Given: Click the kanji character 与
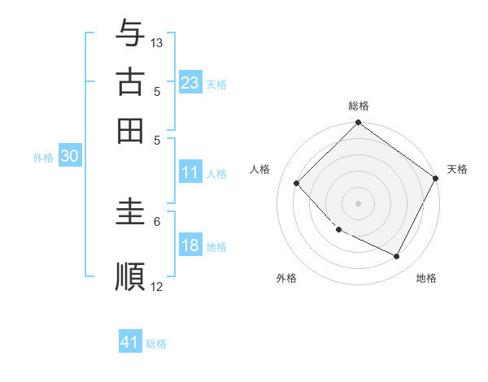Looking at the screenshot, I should coord(131,34).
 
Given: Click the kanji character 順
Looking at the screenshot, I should coord(131,276).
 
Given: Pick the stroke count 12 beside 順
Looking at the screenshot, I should coord(157,286).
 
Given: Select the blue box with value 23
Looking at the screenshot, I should coord(190,83).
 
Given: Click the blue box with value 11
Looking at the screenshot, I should coord(190,172).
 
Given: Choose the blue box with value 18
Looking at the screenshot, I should coord(190,246).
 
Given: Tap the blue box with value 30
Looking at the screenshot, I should coord(69,158).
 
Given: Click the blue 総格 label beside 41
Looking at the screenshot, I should coord(156,344).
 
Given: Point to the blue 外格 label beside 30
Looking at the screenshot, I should coord(43,158).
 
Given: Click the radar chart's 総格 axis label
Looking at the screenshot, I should coord(359,106).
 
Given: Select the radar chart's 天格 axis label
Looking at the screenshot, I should coord(457,169).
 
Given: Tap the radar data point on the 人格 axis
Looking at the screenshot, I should coord(297,184).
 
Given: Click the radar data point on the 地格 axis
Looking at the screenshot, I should coord(397,257).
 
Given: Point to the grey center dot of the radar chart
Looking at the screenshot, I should coord(359,203).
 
